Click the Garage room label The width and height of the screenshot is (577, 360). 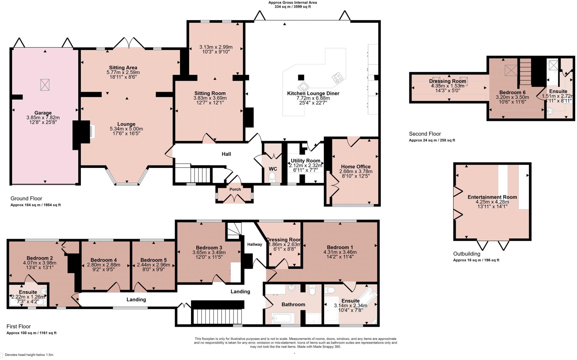[x=43, y=113]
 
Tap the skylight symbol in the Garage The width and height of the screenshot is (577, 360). [x=45, y=85]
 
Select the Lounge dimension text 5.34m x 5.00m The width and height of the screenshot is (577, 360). [x=126, y=129]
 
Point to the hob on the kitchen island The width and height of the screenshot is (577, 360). [x=338, y=78]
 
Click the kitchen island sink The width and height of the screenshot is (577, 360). [x=303, y=87]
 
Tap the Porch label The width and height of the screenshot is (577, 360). [x=235, y=189]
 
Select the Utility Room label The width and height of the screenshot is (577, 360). [x=305, y=161]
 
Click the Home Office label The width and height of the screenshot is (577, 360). [x=356, y=167]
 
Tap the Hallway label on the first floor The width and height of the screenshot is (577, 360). [x=255, y=245]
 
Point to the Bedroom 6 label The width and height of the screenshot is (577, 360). [x=512, y=92]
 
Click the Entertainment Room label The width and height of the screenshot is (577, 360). [x=492, y=197]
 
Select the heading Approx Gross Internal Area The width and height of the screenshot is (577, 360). [x=292, y=3]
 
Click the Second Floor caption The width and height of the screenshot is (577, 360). [x=425, y=134]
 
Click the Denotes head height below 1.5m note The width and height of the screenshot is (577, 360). [x=29, y=355]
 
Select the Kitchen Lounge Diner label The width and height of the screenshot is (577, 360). [x=313, y=94]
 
